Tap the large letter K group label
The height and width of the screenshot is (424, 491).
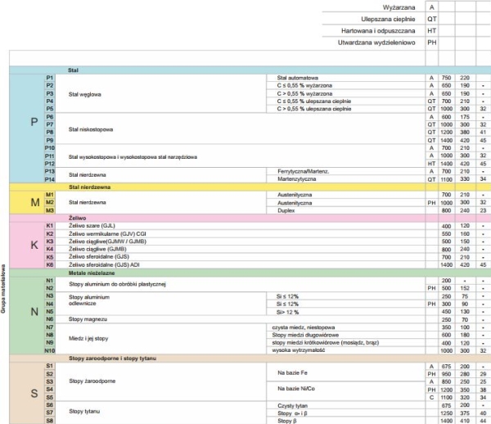tap(34, 245)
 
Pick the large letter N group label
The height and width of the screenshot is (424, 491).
tap(34, 313)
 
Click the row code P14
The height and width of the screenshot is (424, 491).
tap(50, 178)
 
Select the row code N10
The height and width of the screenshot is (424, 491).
tap(50, 350)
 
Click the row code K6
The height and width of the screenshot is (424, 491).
tap(50, 264)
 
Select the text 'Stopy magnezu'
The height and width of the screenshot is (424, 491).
tap(88, 318)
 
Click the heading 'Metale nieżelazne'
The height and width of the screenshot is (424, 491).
tap(92, 273)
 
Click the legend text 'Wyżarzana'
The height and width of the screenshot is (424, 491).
tap(397, 7)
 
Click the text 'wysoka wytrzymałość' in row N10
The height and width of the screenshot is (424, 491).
tap(300, 350)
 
